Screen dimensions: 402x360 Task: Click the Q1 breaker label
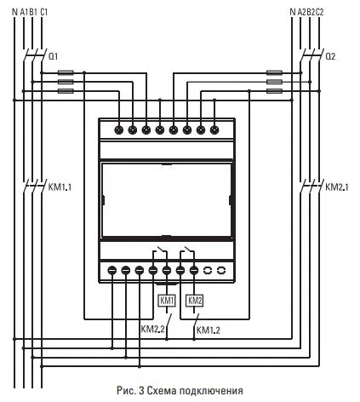(54, 55)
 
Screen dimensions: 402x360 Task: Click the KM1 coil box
(167, 301)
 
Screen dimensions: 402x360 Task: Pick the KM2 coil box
(195, 301)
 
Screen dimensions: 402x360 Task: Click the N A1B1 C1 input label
(30, 10)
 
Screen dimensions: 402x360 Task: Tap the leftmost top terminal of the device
(118, 130)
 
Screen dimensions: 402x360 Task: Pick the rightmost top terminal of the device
(214, 130)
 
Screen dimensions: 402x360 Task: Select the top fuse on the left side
(65, 74)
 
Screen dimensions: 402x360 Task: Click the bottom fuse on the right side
(275, 90)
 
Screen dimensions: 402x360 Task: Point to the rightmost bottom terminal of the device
(221, 270)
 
